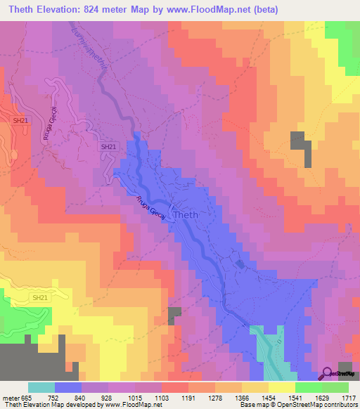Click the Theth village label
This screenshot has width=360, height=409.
coord(186,215)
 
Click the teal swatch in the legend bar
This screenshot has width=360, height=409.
coord(41,387)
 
